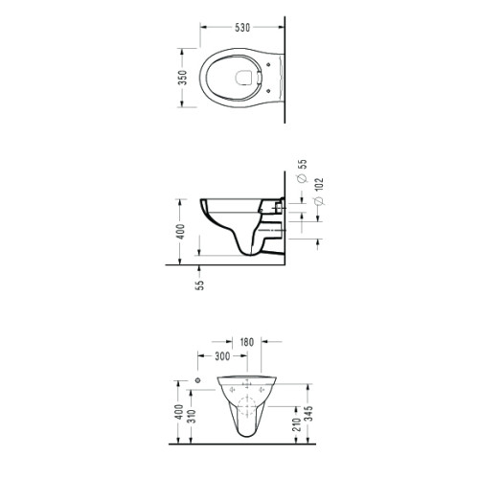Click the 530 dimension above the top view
tap(242, 28)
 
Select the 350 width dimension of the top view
tap(183, 78)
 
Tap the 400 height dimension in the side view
tap(180, 232)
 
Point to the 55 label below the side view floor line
tap(200, 285)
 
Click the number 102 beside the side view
tap(319, 185)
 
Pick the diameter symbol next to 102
tap(319, 201)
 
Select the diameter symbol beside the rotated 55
tap(302, 178)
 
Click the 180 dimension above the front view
tap(246, 342)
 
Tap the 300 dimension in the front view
tap(222, 355)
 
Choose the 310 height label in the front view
tap(192, 416)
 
